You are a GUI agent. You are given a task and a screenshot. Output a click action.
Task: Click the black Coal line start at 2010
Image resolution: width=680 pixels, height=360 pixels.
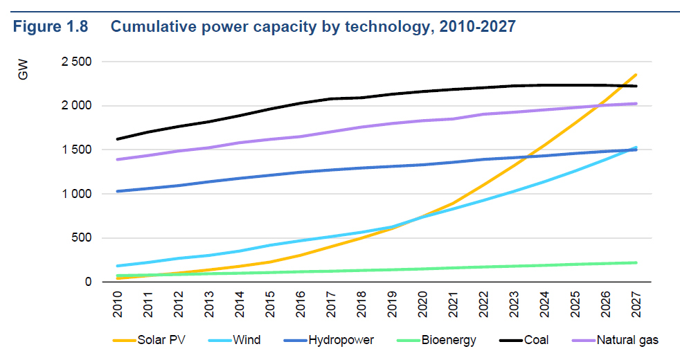[x=118, y=139]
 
